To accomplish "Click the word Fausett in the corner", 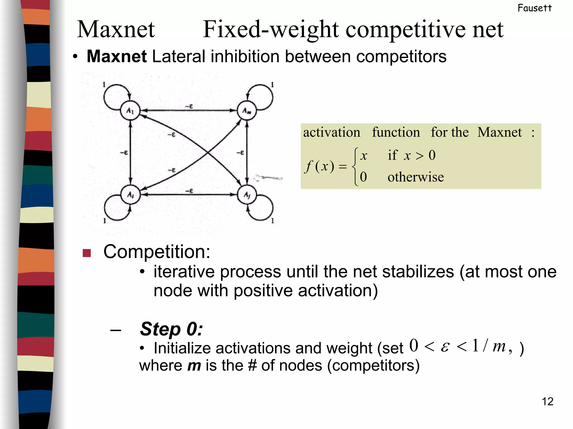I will click(x=534, y=8).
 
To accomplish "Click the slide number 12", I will click(x=548, y=402).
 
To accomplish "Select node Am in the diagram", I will click(x=246, y=111).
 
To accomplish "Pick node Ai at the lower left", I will click(x=130, y=195).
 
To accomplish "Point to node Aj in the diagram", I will click(x=247, y=195).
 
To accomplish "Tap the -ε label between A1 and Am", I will click(x=189, y=106).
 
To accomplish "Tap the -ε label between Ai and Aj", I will click(x=189, y=191).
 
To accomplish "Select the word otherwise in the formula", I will click(x=415, y=177).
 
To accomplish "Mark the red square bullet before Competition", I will click(x=87, y=253).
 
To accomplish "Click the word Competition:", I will click(x=157, y=252).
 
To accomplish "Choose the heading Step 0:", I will click(x=171, y=329).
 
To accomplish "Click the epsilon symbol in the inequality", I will click(x=445, y=347).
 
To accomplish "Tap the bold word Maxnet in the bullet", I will click(x=117, y=56).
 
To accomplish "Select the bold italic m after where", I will click(x=194, y=366).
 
